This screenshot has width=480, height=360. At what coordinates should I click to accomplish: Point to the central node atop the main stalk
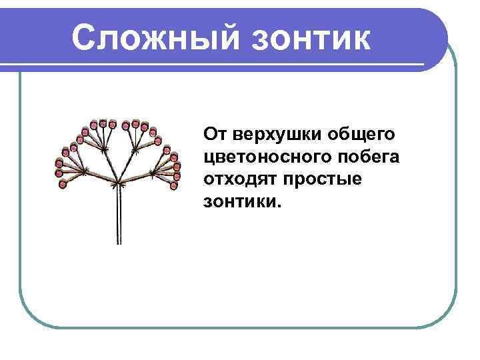118,182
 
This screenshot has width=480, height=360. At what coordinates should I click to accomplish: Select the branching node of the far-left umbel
83,171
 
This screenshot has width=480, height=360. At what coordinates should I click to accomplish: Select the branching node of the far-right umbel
153,172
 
